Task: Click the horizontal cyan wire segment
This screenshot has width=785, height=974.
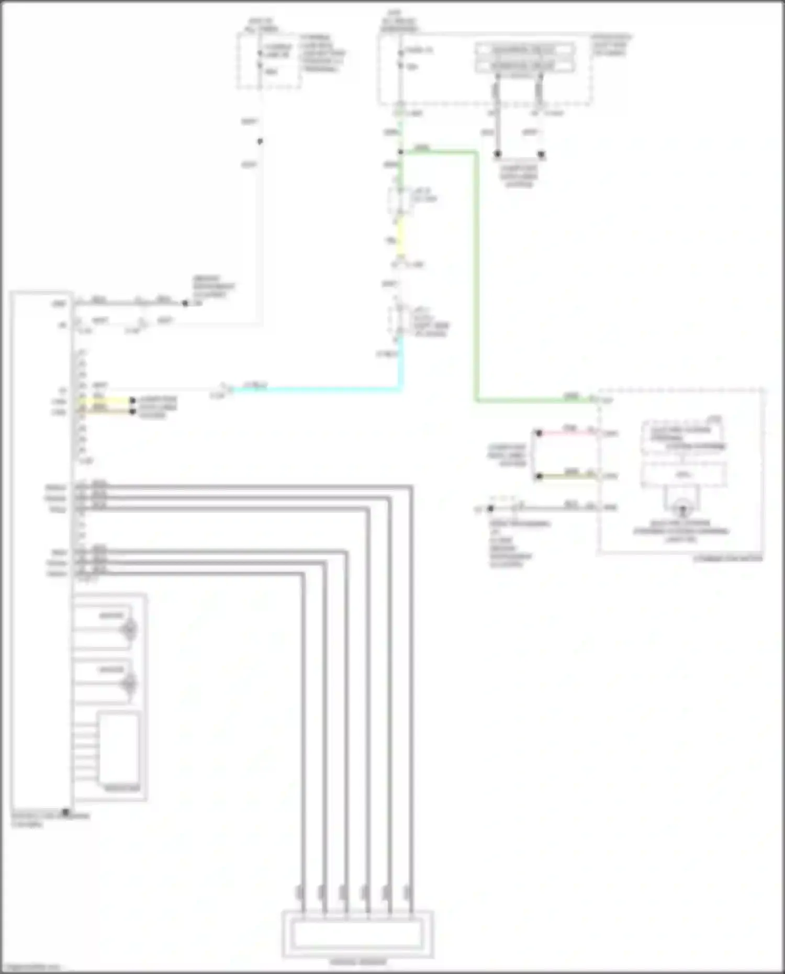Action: pyautogui.click(x=314, y=389)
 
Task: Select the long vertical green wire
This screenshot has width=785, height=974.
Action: pyautogui.click(x=476, y=277)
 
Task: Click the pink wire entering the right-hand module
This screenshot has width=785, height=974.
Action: pyautogui.click(x=568, y=433)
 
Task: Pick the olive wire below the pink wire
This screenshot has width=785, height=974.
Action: pyautogui.click(x=568, y=476)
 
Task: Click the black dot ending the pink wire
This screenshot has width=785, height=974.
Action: pyautogui.click(x=539, y=433)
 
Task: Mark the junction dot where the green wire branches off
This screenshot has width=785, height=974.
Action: pyautogui.click(x=400, y=152)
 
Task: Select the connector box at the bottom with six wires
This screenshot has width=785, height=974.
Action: pyautogui.click(x=357, y=934)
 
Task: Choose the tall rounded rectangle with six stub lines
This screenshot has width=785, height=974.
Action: pyautogui.click(x=119, y=748)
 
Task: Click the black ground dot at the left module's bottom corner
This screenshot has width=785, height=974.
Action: pyautogui.click(x=66, y=812)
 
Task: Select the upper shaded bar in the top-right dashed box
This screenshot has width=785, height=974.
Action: pyautogui.click(x=524, y=50)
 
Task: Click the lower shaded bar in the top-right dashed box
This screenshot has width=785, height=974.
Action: pyautogui.click(x=524, y=66)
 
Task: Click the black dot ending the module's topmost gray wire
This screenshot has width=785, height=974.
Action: pyautogui.click(x=185, y=303)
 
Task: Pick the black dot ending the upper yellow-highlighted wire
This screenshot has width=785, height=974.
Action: pyautogui.click(x=133, y=401)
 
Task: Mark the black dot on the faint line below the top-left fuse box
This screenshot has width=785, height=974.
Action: pyautogui.click(x=260, y=141)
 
